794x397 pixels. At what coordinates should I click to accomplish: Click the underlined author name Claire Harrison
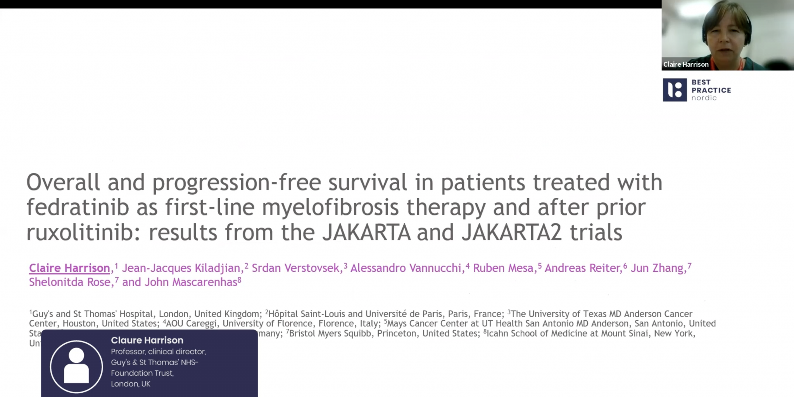pos(69,268)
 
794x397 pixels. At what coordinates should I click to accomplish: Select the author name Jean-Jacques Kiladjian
pos(181,268)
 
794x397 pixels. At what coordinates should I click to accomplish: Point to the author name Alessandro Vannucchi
pos(406,268)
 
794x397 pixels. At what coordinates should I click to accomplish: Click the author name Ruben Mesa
pos(503,268)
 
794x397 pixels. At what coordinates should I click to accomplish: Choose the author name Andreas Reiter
pos(583,268)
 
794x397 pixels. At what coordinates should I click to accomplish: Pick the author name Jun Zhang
pos(657,268)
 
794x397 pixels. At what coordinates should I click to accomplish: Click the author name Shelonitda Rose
pos(70,282)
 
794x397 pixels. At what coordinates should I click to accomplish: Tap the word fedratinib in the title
pos(78,207)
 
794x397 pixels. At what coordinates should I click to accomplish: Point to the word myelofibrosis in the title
pos(330,207)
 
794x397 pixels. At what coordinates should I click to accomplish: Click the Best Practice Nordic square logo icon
pos(675,90)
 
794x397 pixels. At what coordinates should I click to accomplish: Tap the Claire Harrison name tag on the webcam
pos(685,64)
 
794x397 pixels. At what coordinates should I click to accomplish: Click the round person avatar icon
pos(76,366)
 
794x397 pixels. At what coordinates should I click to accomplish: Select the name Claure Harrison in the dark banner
pos(147,340)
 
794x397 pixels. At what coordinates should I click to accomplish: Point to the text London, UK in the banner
pos(130,384)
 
